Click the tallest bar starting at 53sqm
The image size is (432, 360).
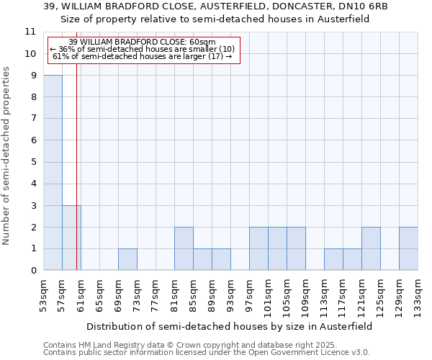point(53,173)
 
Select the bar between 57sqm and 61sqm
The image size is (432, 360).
point(71,238)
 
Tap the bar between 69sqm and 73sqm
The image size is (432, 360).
point(127,260)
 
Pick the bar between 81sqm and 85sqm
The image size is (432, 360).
point(184,249)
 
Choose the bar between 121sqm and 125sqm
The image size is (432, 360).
point(371,249)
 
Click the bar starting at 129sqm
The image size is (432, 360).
point(408,249)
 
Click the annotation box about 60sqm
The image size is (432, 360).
point(143,49)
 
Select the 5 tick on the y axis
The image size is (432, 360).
point(33,162)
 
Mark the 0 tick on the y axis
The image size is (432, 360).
point(33,271)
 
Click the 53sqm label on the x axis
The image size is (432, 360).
point(43,294)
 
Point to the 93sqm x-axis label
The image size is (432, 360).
point(230,294)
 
